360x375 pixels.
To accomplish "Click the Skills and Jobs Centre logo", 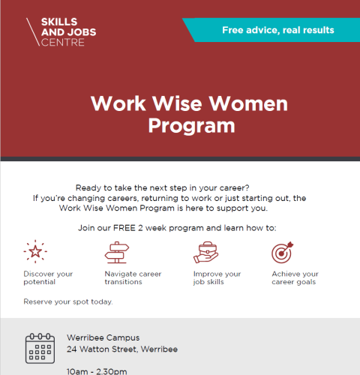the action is click(x=61, y=32).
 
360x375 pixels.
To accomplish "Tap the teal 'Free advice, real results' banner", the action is click(x=272, y=30).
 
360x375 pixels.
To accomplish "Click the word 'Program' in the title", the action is click(x=192, y=125).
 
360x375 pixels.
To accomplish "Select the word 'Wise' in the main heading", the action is click(x=177, y=103).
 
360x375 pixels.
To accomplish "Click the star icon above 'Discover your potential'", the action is click(x=35, y=251).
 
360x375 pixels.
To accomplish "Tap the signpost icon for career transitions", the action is click(x=117, y=252).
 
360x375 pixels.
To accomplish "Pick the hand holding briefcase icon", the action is click(x=206, y=252).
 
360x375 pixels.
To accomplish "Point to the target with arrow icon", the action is click(x=283, y=253).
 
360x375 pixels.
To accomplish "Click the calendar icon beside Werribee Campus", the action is click(x=40, y=348).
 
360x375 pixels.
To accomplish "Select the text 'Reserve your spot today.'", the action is click(x=68, y=301).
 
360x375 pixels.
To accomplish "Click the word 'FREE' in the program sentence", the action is click(x=124, y=228).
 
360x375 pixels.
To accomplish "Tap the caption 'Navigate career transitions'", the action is click(x=133, y=277).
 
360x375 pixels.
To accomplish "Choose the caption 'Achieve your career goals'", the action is click(x=295, y=277).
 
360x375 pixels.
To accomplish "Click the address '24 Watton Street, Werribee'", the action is click(x=122, y=349).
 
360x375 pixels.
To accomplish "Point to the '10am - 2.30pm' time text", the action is click(x=97, y=371).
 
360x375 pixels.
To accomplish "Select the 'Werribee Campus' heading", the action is click(x=103, y=337).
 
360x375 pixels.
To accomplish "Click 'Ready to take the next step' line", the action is click(x=163, y=187).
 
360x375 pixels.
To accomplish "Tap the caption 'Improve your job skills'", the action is click(x=217, y=277).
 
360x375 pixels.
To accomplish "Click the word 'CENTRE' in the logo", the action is click(x=63, y=42).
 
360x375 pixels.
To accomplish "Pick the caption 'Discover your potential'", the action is click(x=48, y=277).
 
